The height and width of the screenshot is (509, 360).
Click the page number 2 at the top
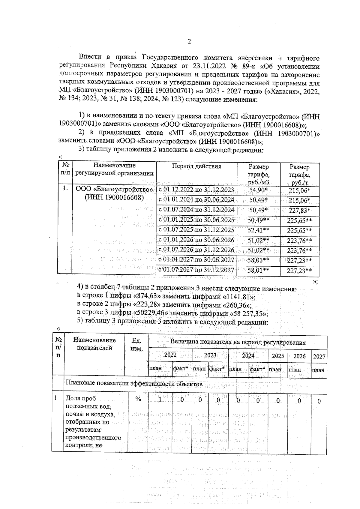tap(189, 42)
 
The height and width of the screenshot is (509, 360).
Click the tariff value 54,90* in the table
tap(258, 190)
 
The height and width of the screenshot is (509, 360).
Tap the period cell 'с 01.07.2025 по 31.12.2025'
tap(196, 230)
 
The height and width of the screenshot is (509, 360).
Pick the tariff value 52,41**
tap(258, 230)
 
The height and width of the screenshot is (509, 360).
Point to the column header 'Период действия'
tap(196, 166)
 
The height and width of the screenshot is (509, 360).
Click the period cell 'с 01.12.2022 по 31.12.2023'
tap(196, 190)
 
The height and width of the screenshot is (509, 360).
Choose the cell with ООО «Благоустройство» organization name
tap(114, 193)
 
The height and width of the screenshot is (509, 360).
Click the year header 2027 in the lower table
tap(319, 356)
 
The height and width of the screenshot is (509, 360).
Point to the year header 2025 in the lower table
tap(278, 356)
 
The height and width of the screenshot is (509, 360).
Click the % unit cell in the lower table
tap(138, 399)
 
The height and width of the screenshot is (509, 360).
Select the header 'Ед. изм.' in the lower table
tap(137, 345)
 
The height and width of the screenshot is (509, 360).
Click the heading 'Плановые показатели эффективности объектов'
tap(134, 384)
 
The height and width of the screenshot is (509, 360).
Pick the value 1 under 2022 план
tap(160, 400)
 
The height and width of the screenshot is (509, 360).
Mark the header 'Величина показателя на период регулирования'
tap(238, 342)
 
